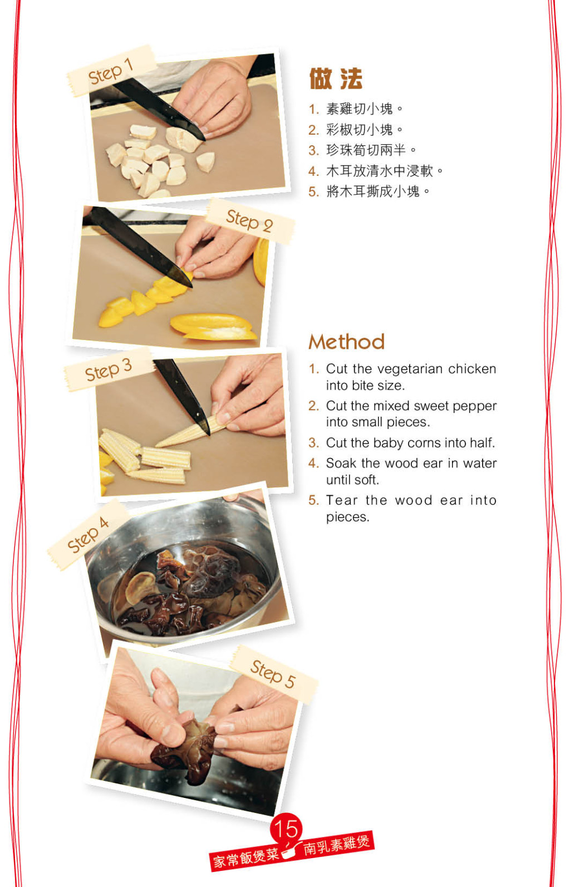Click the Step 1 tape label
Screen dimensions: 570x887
point(112,71)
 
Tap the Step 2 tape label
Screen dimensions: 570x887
point(250,221)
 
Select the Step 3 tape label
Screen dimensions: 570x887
point(109,369)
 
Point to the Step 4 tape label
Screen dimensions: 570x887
point(88,535)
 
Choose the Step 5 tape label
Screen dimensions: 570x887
point(274,674)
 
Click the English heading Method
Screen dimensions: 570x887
point(347,342)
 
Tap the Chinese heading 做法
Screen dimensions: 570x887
point(336,78)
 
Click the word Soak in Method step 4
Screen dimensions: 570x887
point(341,463)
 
